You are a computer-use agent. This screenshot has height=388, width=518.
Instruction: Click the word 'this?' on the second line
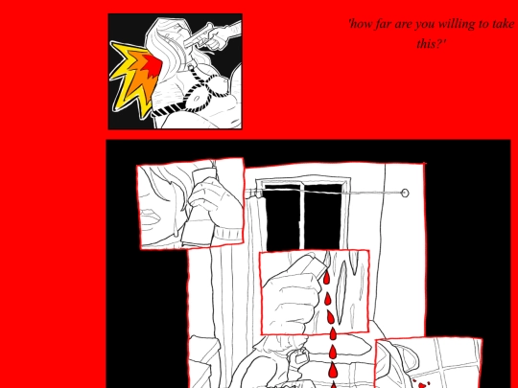[431, 43]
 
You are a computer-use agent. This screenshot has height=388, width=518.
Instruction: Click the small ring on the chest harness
[191, 68]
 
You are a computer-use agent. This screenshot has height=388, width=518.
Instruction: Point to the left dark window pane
[283, 217]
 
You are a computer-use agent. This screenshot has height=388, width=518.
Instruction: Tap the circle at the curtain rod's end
[405, 193]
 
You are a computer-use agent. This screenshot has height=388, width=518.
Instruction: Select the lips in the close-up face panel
[151, 217]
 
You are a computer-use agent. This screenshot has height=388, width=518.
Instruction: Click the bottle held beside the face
[199, 207]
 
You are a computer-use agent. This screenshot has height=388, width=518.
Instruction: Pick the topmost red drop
[326, 278]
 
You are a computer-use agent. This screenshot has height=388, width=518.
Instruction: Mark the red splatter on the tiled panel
[421, 384]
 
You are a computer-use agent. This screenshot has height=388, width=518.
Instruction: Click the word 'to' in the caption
[484, 24]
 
